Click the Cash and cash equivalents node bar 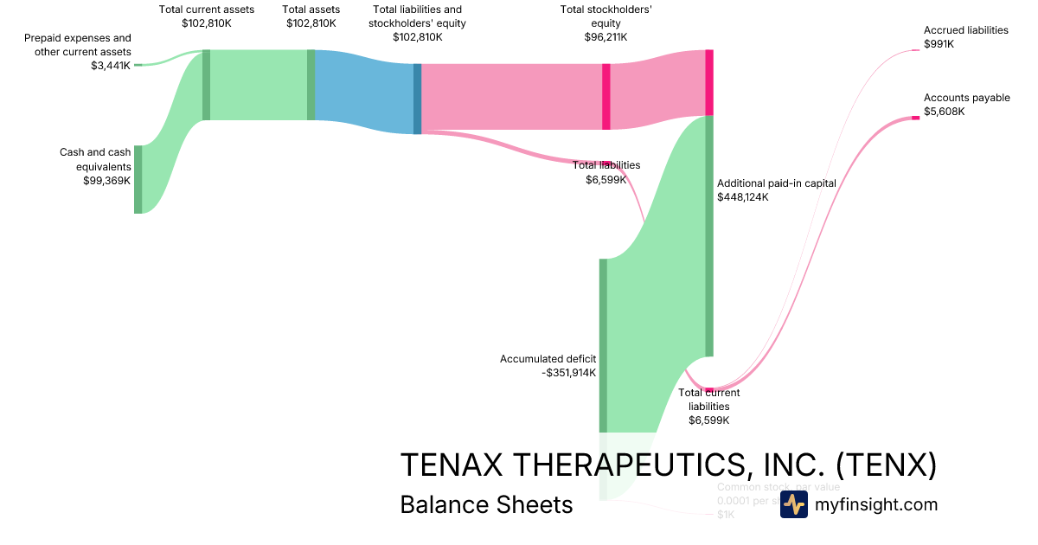point(138,179)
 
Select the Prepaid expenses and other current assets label point(78,45)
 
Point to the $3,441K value point(111,65)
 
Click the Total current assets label point(207,10)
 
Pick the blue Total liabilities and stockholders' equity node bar point(417,99)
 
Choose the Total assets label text point(311,10)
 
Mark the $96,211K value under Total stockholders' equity point(605,37)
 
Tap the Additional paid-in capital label point(776,183)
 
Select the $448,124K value point(742,197)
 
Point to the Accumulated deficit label point(548,359)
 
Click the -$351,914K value point(568,373)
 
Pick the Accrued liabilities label point(965,30)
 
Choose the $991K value point(939,44)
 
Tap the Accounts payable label point(966,99)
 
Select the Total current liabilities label point(708,399)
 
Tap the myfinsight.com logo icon point(793,504)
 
